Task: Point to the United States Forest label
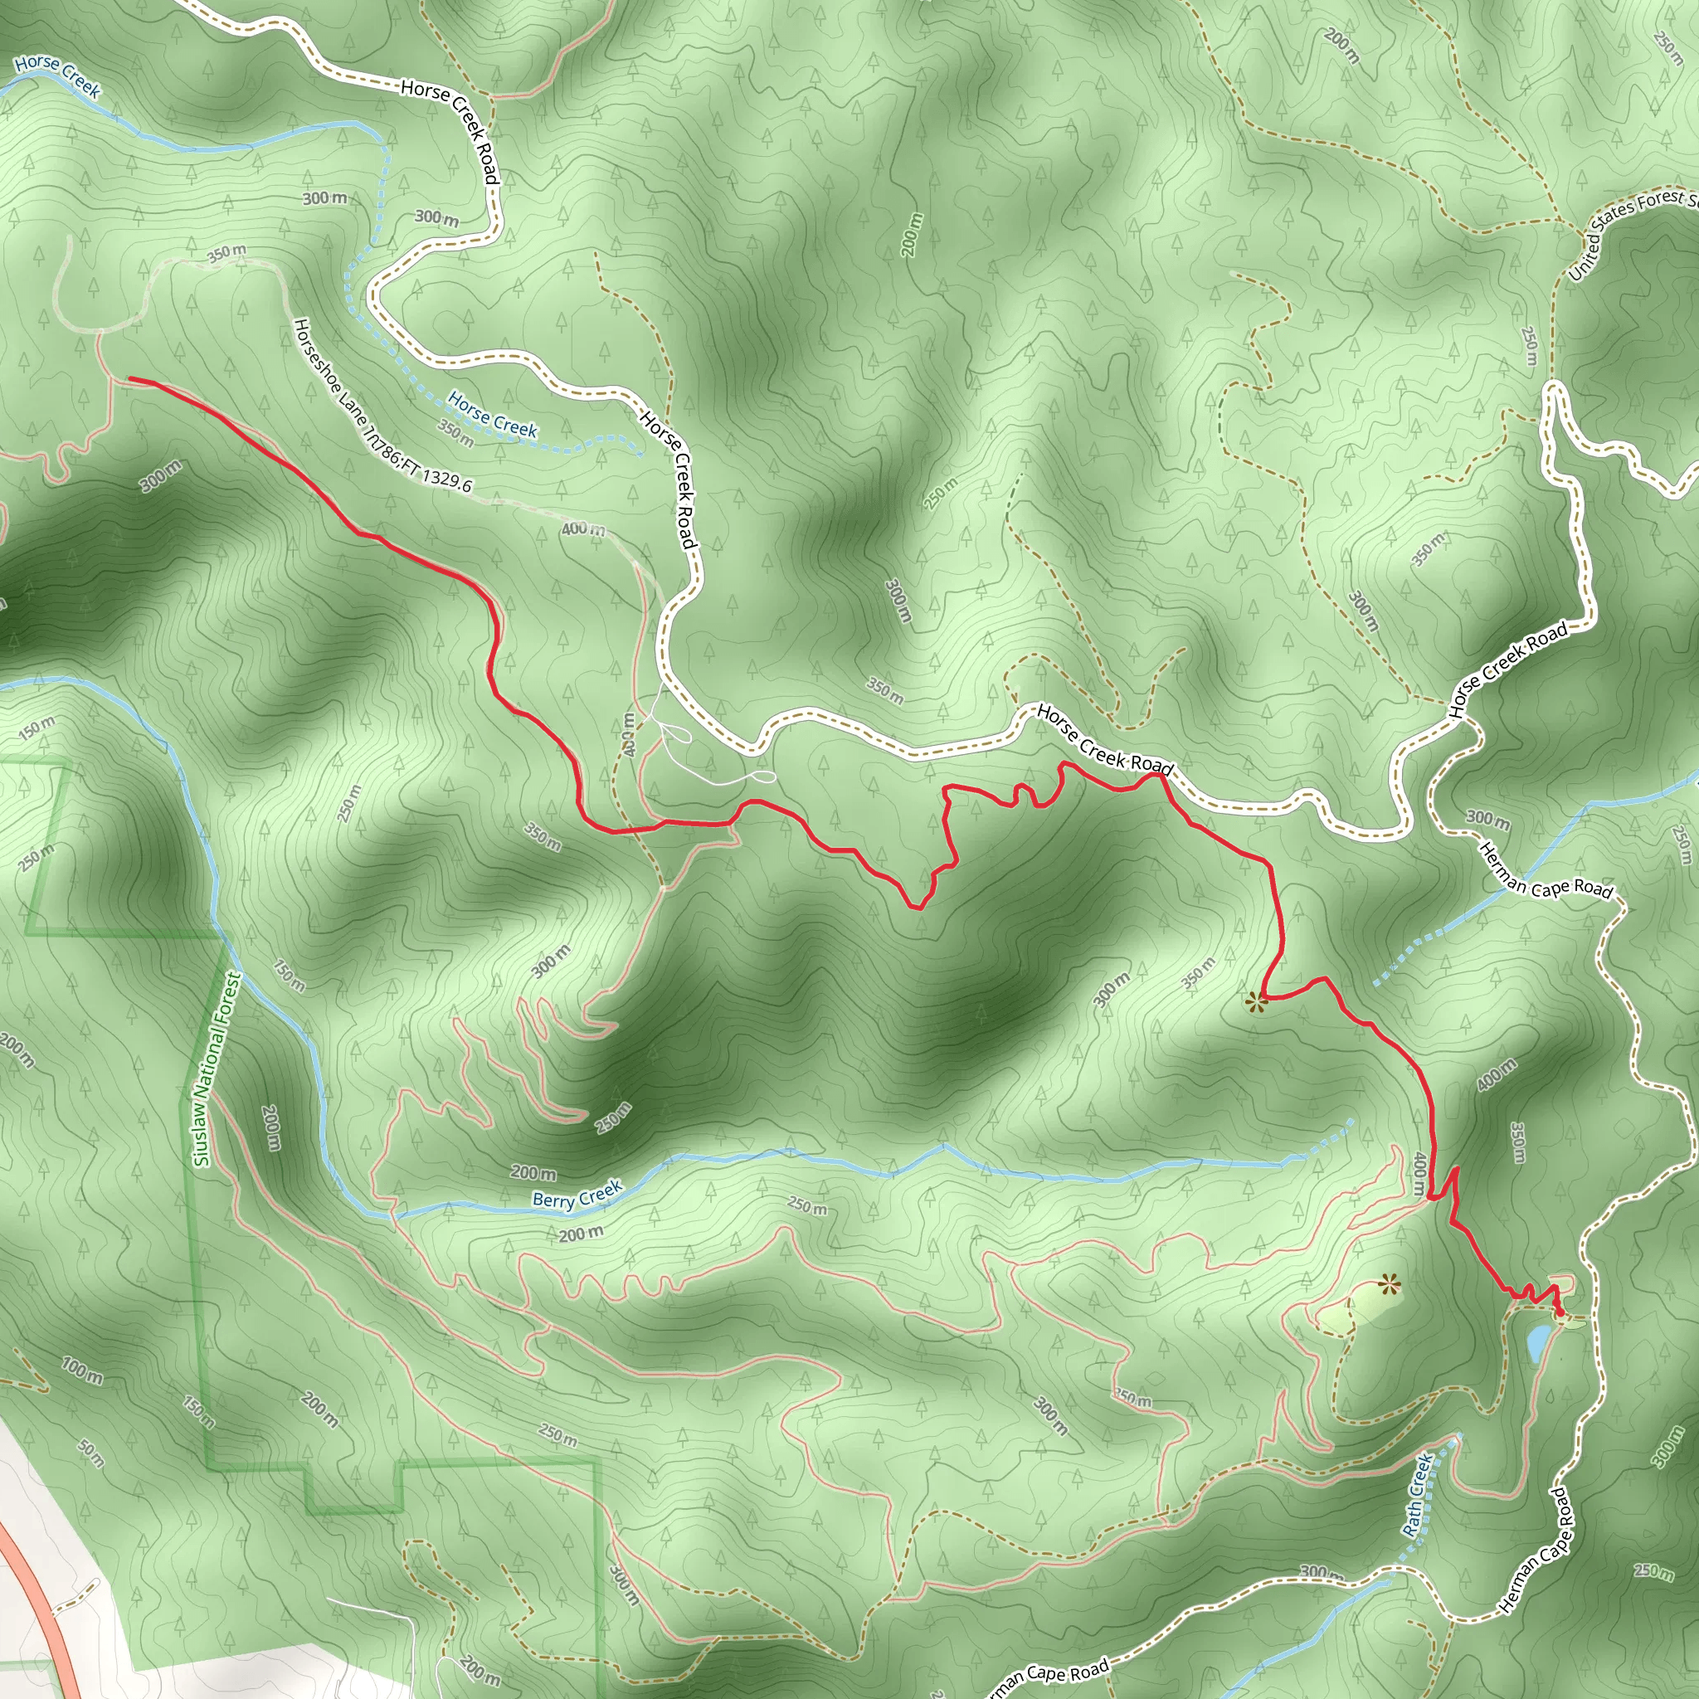(x=1632, y=232)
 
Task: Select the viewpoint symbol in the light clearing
(x=1389, y=1287)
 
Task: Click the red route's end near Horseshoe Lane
(x=131, y=379)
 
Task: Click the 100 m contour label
(x=82, y=1368)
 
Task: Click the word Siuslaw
(x=203, y=1133)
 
